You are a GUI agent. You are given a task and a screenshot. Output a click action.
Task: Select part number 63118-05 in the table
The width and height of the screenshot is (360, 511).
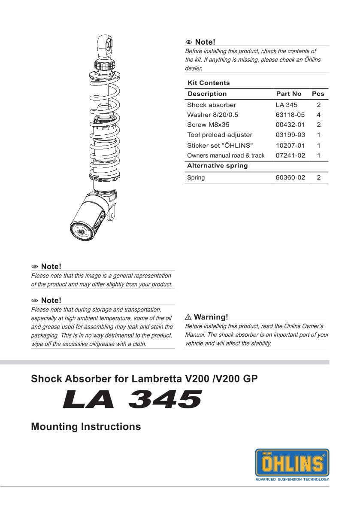(290, 115)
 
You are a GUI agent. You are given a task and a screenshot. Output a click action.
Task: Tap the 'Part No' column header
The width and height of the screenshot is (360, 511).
(288, 94)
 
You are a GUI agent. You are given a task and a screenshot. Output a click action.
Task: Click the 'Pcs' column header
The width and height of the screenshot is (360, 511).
(318, 94)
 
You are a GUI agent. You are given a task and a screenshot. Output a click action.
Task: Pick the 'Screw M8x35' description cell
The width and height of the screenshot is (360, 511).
(208, 125)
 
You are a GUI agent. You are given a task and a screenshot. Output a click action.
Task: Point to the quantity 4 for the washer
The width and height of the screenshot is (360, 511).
(318, 115)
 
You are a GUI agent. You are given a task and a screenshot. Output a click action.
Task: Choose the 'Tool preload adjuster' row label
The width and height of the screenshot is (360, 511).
(219, 135)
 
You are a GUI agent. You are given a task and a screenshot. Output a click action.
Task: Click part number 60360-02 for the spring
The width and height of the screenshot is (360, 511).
(290, 177)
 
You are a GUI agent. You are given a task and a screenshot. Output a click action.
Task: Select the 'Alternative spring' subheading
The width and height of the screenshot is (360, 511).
(217, 166)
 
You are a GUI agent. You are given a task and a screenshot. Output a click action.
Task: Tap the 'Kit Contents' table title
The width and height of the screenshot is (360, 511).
(209, 83)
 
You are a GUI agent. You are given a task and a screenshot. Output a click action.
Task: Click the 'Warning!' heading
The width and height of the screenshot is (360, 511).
(211, 317)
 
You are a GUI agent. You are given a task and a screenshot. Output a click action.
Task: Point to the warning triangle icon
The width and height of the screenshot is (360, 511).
(188, 317)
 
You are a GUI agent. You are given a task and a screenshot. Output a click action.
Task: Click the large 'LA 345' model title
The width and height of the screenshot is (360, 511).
(132, 399)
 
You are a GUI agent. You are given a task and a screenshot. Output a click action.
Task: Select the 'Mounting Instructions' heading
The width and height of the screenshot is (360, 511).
(86, 427)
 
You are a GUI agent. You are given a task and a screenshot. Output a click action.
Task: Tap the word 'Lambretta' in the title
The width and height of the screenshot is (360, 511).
(157, 379)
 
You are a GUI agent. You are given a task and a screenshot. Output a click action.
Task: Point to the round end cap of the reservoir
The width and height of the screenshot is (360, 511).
(80, 232)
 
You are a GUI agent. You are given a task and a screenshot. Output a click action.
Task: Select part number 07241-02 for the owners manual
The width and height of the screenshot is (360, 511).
(290, 155)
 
